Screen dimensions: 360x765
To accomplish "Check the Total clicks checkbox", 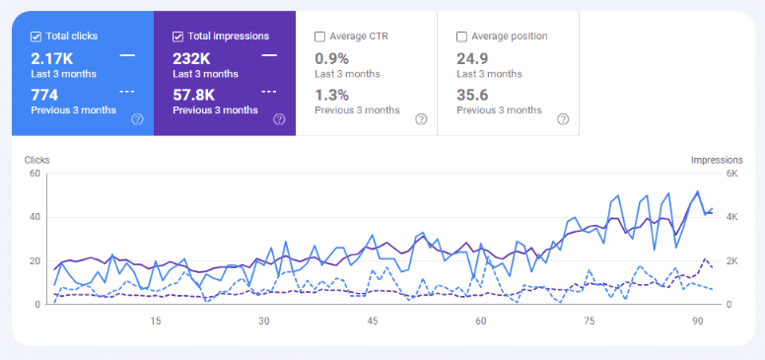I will tap(35, 36).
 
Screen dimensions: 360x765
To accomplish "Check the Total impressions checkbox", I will tap(177, 36).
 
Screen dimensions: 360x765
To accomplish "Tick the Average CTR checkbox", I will tap(319, 36).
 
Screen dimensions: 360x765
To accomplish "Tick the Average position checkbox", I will tap(461, 36).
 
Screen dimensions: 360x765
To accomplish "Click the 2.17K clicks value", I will tap(51, 58).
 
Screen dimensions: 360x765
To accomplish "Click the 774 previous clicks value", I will tap(44, 95).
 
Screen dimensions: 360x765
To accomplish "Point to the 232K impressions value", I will tap(193, 58).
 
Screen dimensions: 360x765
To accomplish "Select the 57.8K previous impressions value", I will tap(195, 95).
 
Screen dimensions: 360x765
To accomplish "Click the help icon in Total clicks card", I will tap(137, 119).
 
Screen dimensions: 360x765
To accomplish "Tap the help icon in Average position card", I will tap(563, 119).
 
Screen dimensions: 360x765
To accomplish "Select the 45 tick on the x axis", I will tap(372, 322).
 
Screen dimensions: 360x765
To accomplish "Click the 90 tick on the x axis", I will tap(697, 322).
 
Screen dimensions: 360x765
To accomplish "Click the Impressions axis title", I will tap(717, 160).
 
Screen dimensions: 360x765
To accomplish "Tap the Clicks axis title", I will tap(36, 160).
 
